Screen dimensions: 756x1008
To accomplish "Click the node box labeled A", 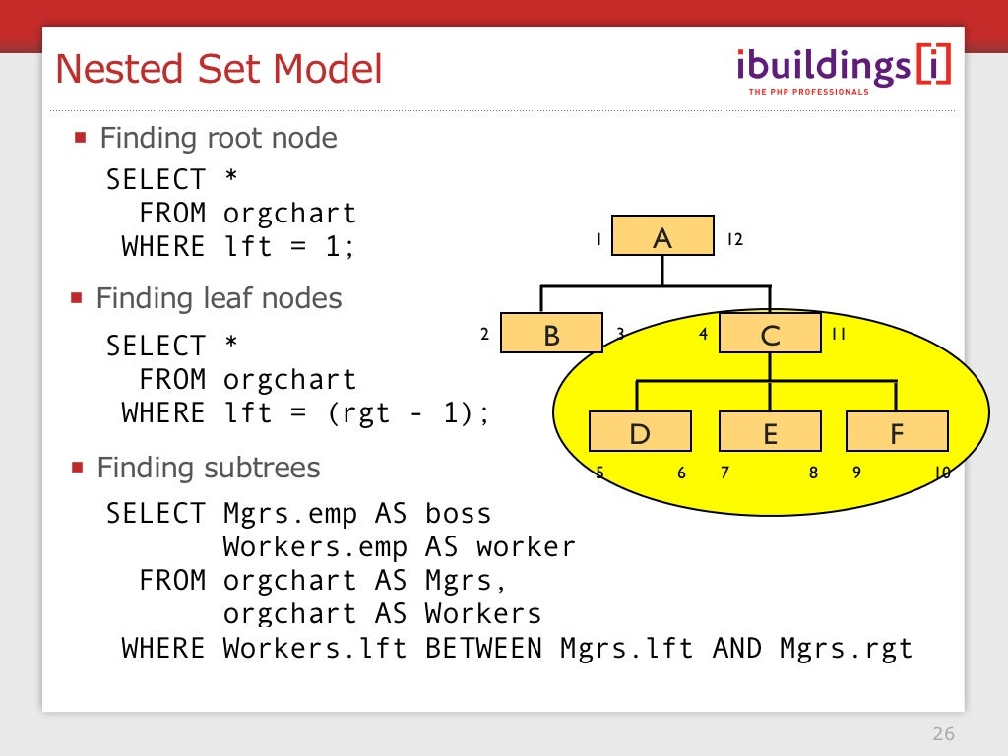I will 662,236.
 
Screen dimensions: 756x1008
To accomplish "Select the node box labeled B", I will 551,334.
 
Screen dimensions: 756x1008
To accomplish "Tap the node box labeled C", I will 770,334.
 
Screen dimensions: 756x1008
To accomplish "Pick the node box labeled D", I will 640,432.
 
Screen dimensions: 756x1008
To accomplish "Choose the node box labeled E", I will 770,432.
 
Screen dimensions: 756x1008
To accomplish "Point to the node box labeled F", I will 897,432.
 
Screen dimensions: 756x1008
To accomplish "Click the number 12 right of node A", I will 734,239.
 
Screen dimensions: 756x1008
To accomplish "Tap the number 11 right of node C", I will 839,334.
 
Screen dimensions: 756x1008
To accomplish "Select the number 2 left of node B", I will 484,334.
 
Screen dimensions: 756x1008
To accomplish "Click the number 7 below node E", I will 724,472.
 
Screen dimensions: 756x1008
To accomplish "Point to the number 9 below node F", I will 857,472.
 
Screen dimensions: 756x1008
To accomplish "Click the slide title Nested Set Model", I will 219,69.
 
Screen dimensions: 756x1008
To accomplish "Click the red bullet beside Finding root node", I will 81,137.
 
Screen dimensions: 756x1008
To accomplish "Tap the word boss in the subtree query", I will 458,514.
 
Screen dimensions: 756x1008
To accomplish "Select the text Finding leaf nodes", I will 219,298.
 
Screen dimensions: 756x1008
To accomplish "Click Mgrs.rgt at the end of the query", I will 846,648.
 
